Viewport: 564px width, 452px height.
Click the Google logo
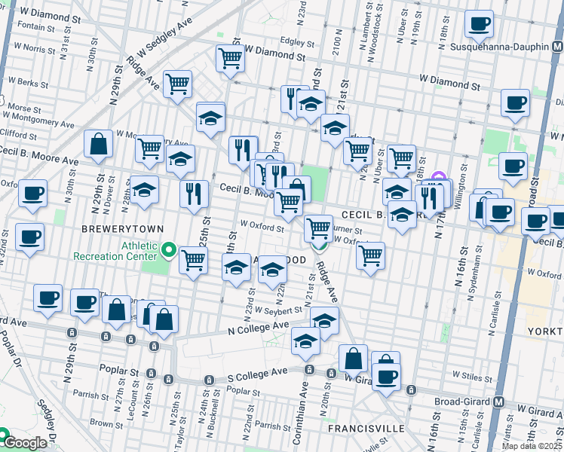(24, 443)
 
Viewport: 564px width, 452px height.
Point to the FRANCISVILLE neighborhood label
(367, 428)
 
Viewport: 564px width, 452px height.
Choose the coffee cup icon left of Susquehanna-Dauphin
(479, 23)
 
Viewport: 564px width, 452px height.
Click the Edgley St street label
(297, 41)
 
